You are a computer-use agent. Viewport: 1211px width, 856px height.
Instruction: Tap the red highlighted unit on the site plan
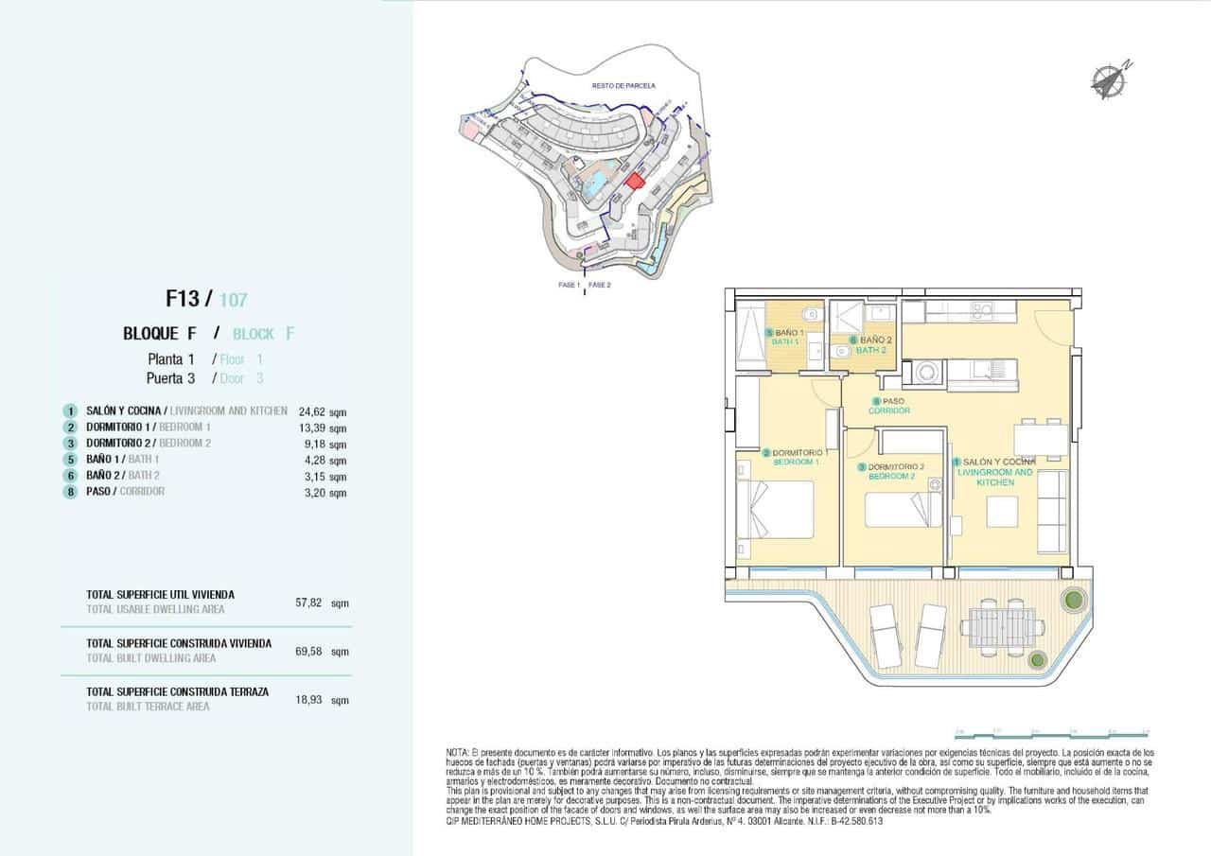click(x=636, y=180)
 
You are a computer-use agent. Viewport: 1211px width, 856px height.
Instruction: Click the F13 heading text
click(x=183, y=300)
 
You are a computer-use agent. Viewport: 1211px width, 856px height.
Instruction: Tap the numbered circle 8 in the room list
click(x=70, y=492)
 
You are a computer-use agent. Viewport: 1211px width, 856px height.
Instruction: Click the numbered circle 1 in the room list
click(x=70, y=411)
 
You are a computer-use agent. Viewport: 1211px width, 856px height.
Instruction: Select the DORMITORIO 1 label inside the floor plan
click(x=800, y=453)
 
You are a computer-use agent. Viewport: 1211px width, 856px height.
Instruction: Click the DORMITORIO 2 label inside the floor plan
click(x=893, y=467)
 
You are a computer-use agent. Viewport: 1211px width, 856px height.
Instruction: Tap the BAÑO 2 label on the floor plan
click(x=874, y=340)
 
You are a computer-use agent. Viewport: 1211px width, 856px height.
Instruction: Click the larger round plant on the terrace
click(x=1073, y=600)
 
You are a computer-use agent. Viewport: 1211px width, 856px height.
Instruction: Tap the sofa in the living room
click(x=1052, y=511)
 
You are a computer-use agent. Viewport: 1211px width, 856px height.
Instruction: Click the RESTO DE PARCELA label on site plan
click(x=623, y=85)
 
